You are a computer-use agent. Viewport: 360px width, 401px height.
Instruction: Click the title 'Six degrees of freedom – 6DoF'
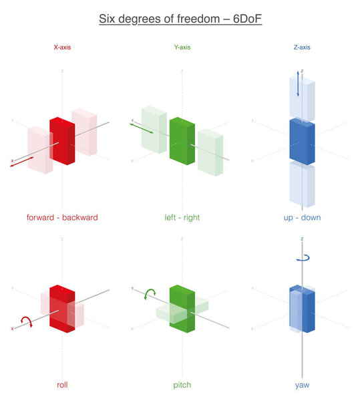[x=180, y=19]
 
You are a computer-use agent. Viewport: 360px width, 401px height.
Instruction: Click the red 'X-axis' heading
[x=63, y=48]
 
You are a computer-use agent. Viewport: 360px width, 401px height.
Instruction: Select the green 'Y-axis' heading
[x=181, y=48]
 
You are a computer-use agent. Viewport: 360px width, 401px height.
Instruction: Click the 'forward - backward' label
[x=62, y=217]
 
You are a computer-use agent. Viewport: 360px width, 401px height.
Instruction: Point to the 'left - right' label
[x=182, y=217]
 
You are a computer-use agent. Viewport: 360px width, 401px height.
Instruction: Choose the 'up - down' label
[x=302, y=217]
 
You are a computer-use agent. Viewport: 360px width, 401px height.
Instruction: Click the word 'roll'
[x=61, y=385]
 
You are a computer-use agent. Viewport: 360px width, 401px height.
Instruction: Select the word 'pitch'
[x=182, y=385]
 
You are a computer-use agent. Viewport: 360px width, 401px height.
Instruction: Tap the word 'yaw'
[x=302, y=385]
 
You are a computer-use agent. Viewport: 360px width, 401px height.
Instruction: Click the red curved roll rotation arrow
[x=26, y=321]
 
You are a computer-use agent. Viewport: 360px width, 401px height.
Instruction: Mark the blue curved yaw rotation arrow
[x=302, y=256]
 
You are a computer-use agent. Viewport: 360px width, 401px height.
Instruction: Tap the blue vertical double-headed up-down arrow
[x=298, y=82]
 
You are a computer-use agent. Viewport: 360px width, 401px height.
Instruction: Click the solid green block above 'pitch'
[x=182, y=309]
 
